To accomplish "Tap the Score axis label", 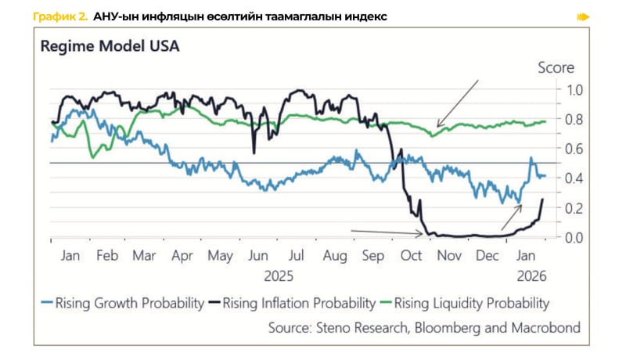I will (556, 68).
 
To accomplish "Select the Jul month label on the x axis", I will (297, 256).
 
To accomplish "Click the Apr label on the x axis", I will (182, 256).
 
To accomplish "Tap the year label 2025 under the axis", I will (278, 275).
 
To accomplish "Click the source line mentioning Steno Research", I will (424, 327).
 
